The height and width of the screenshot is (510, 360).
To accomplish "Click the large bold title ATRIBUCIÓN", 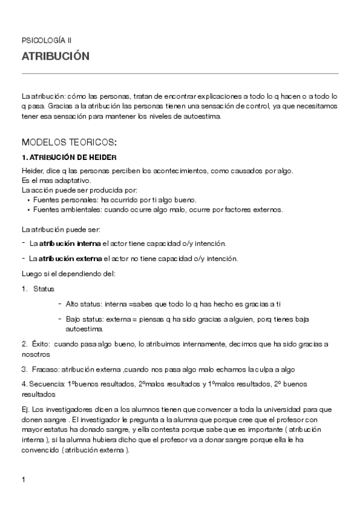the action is pos(55,57).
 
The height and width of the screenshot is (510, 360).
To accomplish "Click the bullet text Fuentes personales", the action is pos(62,199).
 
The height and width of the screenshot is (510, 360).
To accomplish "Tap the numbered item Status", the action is pos(44,289).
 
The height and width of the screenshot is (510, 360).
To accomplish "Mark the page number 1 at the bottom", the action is pos(23,479).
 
